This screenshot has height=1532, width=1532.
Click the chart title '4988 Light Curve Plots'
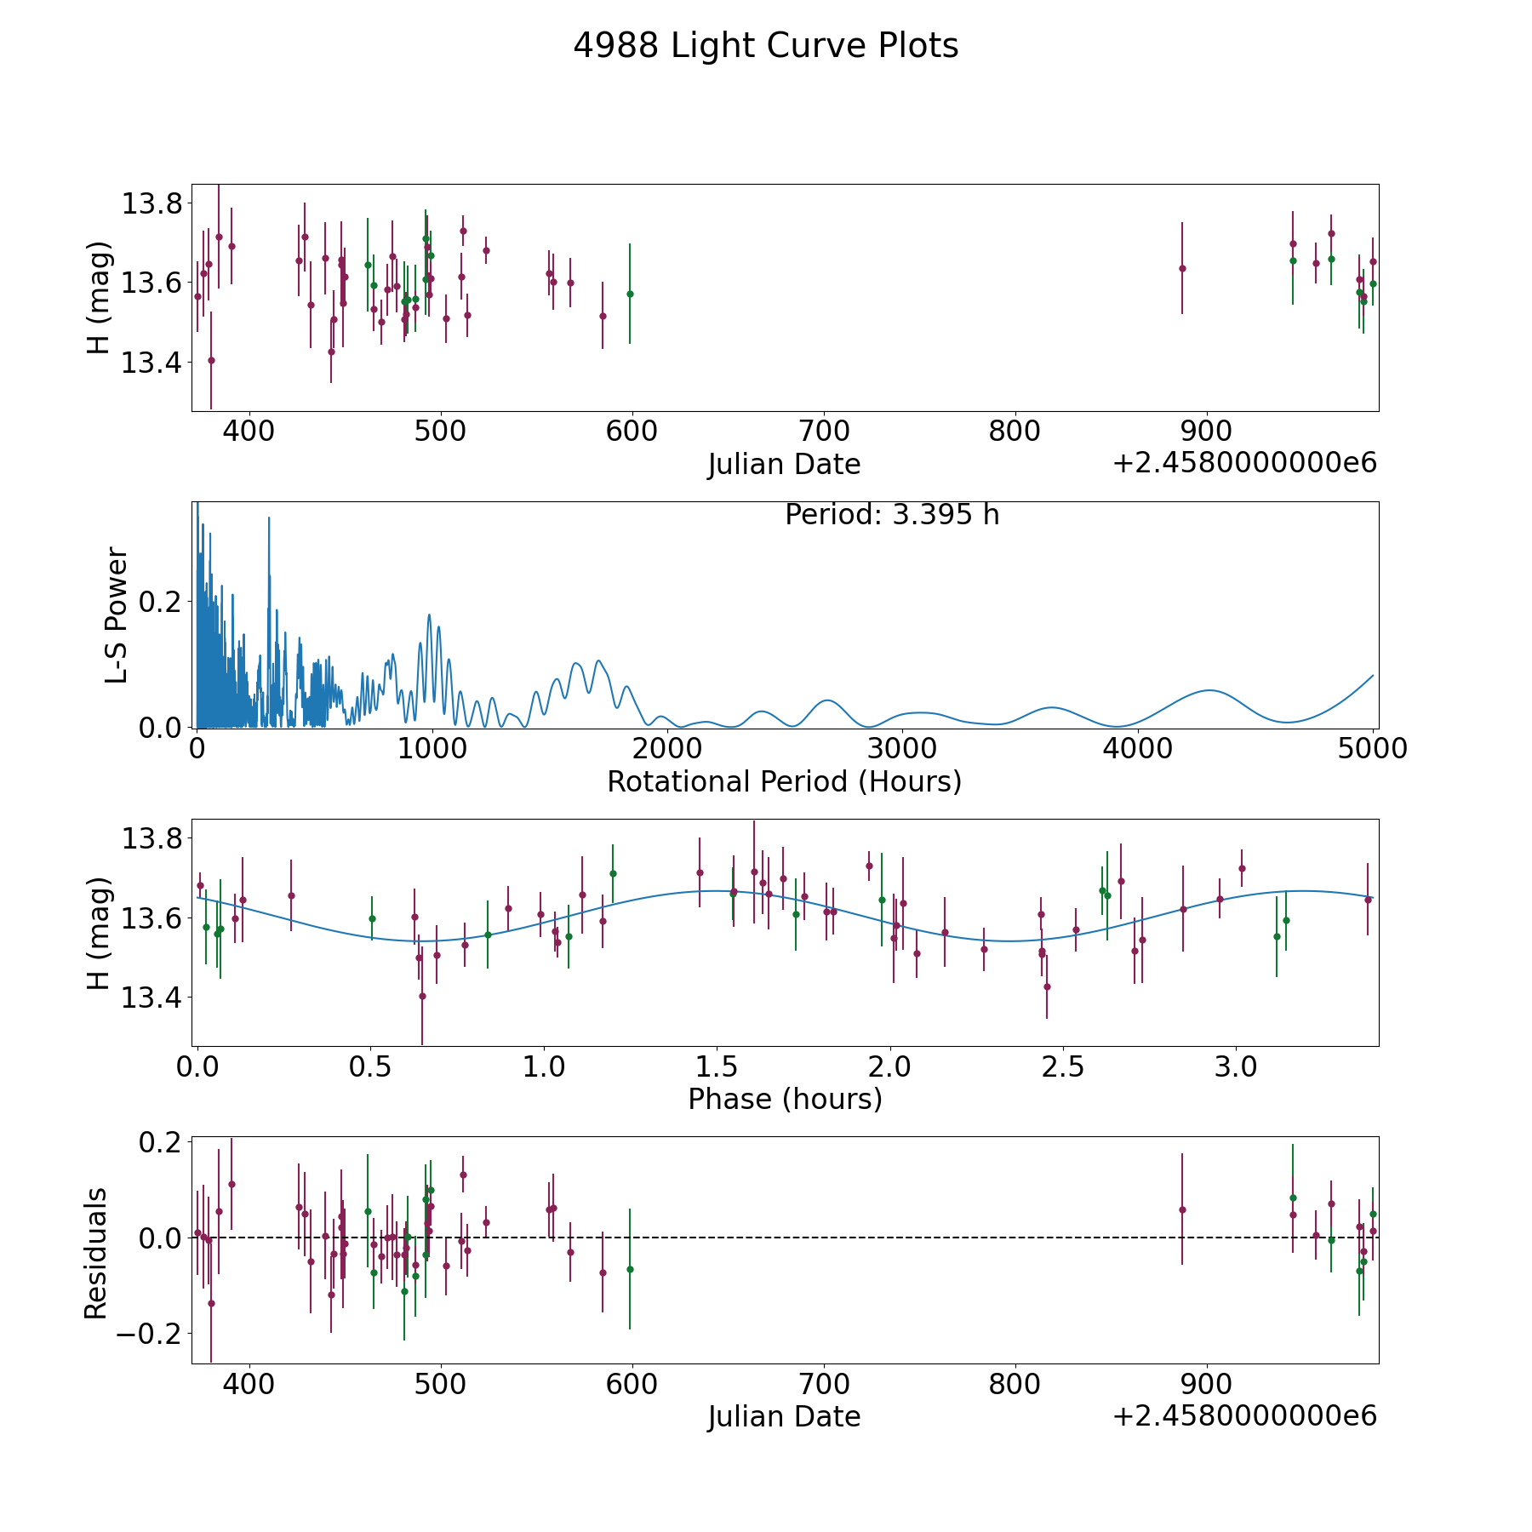[765, 46]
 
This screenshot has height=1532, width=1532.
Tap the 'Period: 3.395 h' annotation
[891, 515]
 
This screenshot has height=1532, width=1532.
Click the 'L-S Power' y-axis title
[117, 615]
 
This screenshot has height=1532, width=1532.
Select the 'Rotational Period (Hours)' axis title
[784, 781]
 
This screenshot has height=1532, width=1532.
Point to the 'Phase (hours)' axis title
[784, 1099]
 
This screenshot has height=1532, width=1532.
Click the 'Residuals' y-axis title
[96, 1253]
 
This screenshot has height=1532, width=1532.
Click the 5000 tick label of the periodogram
[1371, 749]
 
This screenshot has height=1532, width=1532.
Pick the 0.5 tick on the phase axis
[370, 1066]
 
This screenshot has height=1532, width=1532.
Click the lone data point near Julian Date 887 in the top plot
[1182, 268]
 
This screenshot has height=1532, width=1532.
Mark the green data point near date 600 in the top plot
[630, 294]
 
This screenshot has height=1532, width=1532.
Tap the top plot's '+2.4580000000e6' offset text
[1244, 464]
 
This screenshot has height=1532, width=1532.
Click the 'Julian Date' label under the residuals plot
[784, 1417]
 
